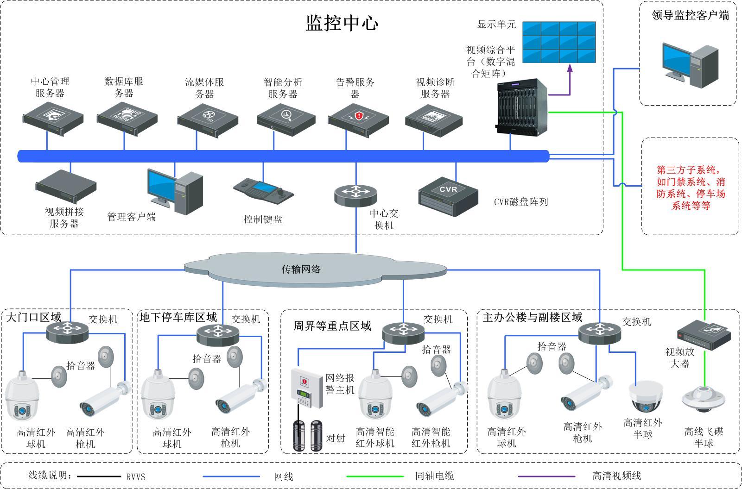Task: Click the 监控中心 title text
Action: (x=342, y=23)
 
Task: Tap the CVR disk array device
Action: (x=448, y=196)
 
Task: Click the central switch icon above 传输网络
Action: (x=355, y=194)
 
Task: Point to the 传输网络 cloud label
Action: (x=301, y=269)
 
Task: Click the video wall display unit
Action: (x=559, y=42)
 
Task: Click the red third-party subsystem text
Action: (x=691, y=188)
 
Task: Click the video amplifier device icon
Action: (x=704, y=336)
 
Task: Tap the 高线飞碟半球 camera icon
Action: (x=703, y=401)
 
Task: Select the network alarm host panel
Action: (x=306, y=388)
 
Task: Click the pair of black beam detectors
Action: (x=307, y=435)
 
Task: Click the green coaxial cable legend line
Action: (x=375, y=476)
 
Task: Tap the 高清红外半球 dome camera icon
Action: (x=646, y=396)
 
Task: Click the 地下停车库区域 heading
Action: (x=178, y=317)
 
